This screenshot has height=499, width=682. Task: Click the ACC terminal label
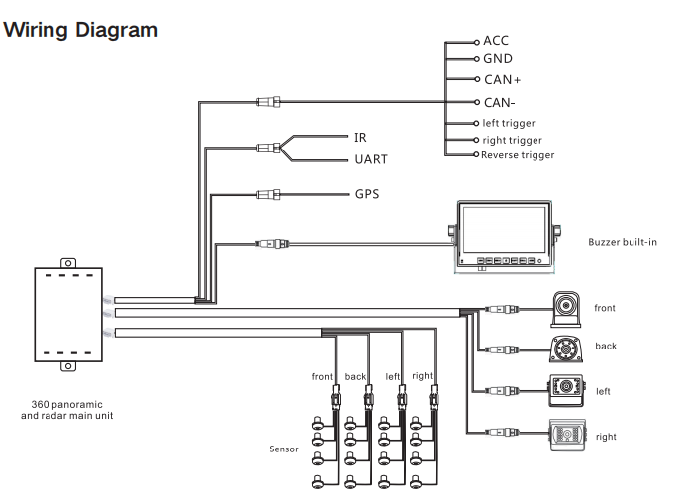click(x=495, y=40)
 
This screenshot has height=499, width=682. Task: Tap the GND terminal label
click(x=498, y=58)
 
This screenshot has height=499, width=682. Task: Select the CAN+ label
click(x=503, y=80)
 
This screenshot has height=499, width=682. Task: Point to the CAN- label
click(x=499, y=103)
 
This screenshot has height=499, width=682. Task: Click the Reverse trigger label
click(x=518, y=155)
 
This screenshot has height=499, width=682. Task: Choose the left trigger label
click(x=509, y=123)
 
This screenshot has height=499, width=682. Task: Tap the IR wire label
click(x=360, y=138)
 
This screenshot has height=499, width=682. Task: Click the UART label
click(x=371, y=159)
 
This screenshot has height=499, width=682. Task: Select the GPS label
click(x=367, y=194)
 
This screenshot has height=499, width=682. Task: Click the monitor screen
click(x=504, y=230)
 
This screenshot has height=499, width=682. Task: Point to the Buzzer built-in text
click(x=623, y=242)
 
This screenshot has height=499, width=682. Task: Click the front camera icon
click(x=565, y=309)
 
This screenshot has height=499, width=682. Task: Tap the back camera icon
click(x=565, y=349)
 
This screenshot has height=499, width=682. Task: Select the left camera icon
click(x=565, y=390)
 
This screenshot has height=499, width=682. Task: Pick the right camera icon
click(x=567, y=435)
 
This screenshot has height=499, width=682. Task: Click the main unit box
click(x=68, y=315)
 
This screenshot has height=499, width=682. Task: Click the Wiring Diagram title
click(x=80, y=30)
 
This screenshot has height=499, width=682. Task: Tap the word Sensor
click(x=284, y=449)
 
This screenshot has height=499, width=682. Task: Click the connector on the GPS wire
click(x=268, y=194)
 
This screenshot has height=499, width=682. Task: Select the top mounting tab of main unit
click(x=68, y=263)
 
